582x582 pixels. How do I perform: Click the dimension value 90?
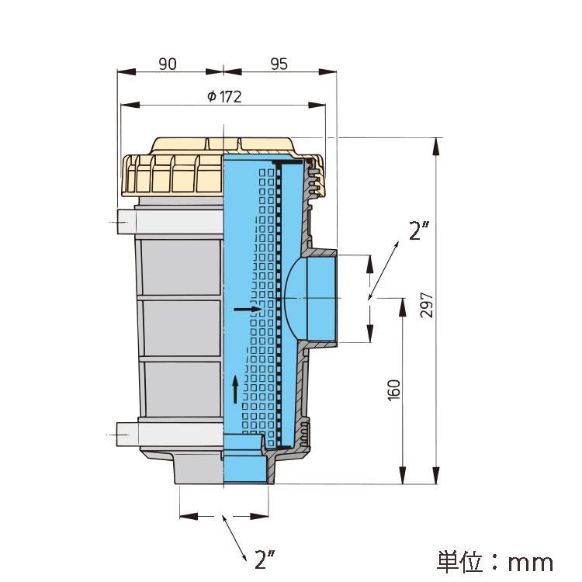coord(168,64)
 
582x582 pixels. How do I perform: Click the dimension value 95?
coord(279,64)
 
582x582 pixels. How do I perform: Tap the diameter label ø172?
coord(224,97)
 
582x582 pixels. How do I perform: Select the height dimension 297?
coord(427,305)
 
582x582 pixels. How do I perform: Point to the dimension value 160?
coord(393,390)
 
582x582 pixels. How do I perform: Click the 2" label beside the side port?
coord(419,230)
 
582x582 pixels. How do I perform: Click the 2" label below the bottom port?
coord(265,559)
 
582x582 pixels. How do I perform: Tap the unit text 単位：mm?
coord(495,563)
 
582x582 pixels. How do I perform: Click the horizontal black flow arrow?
coord(248,309)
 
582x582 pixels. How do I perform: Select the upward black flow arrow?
coord(235,390)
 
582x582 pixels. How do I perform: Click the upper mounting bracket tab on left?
coord(126,222)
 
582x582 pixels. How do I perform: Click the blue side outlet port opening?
coord(322,298)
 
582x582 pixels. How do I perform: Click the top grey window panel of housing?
coord(182,267)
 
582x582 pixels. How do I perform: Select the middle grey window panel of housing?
coord(182,327)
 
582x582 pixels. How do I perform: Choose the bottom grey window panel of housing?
coord(182,389)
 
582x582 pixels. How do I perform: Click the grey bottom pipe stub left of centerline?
coord(199,470)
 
